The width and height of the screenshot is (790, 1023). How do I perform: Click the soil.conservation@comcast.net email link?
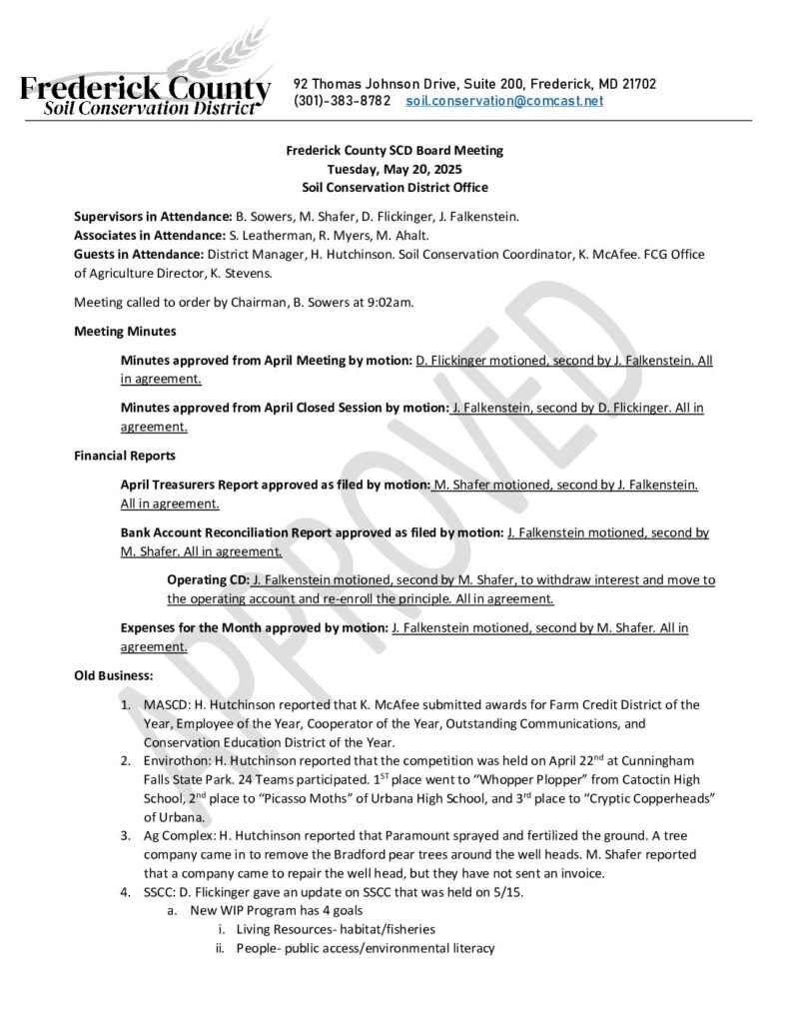pyautogui.click(x=504, y=102)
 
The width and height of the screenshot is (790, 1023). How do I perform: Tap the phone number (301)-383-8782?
pyautogui.click(x=335, y=102)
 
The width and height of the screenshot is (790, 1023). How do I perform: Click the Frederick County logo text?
pyautogui.click(x=145, y=91)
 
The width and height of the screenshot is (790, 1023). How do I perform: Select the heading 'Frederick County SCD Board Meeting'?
pyautogui.click(x=395, y=151)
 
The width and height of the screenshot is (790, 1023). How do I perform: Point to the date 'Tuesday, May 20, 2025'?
pyautogui.click(x=395, y=169)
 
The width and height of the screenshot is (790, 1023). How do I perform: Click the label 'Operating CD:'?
pyautogui.click(x=209, y=580)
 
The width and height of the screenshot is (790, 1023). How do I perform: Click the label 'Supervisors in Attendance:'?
pyautogui.click(x=153, y=216)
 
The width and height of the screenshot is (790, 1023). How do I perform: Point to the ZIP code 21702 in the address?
pyautogui.click(x=636, y=84)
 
